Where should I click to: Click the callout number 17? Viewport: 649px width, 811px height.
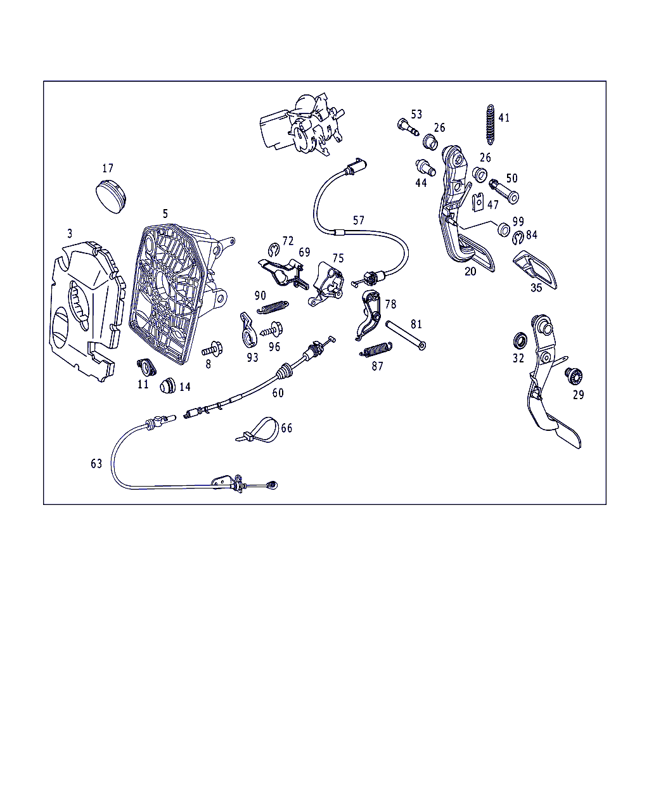[108, 168]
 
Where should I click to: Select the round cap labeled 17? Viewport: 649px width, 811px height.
[110, 196]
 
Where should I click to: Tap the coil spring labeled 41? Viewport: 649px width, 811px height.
[491, 125]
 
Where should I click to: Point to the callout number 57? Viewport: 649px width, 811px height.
[359, 220]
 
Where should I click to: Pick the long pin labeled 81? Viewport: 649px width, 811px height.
[406, 335]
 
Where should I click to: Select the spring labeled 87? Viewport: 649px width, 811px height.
[376, 349]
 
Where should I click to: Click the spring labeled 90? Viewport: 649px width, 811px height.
[273, 307]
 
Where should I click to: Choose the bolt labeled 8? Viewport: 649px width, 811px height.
[212, 349]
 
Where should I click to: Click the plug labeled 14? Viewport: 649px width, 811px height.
[168, 385]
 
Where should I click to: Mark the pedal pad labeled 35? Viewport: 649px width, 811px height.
[535, 269]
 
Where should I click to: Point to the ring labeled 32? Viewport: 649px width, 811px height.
[520, 341]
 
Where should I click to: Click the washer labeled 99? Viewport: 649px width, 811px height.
[504, 229]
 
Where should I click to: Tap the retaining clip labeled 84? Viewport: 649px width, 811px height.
[518, 238]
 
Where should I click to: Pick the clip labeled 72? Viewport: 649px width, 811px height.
[274, 250]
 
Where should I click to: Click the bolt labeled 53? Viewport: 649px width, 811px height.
[408, 127]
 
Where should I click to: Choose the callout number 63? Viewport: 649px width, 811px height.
[96, 464]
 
